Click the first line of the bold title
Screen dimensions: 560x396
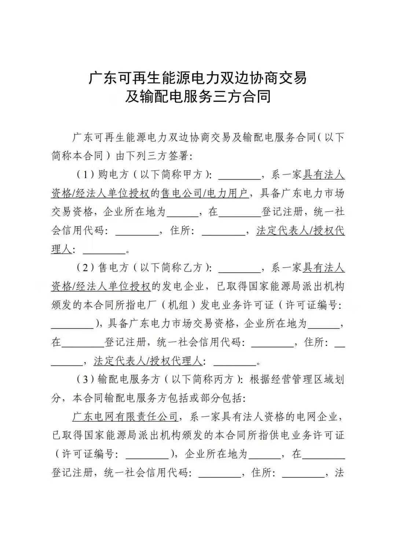point(198,78)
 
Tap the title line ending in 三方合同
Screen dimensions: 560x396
point(198,96)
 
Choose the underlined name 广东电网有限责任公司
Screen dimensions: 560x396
point(125,417)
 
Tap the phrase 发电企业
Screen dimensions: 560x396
point(182,287)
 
